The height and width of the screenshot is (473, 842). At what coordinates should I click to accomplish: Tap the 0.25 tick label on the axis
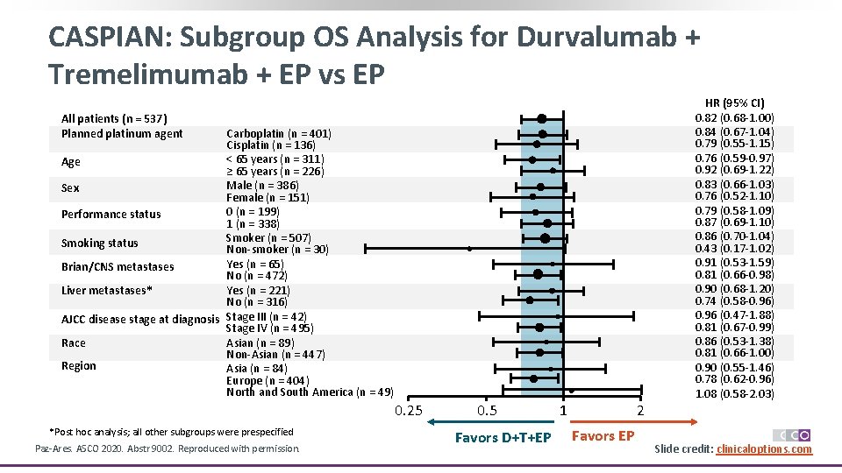pos(409,411)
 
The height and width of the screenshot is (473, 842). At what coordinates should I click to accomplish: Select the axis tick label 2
pos(640,411)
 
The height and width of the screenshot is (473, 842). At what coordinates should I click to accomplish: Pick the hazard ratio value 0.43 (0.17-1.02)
pos(734,249)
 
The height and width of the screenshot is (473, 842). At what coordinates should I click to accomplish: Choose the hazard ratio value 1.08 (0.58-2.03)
pos(734,394)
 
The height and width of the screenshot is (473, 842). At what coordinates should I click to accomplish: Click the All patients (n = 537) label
pos(114,118)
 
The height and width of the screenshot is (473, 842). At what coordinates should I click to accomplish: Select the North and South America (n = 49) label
pos(310,392)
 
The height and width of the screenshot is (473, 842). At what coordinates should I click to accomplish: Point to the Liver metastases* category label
pos(107,290)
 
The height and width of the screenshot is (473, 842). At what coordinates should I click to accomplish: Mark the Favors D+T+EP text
pos(503,437)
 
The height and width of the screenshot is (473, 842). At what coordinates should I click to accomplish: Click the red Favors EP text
pos(603,436)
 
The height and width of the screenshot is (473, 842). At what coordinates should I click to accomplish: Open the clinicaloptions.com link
pos(764,449)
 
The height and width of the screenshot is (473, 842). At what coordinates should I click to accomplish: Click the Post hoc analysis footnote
pos(172,431)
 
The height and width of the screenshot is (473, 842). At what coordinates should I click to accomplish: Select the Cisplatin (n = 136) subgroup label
pos(271,145)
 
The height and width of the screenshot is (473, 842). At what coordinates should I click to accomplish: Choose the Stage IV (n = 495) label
pos(269,328)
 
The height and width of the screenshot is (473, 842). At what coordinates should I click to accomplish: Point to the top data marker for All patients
pos(542,118)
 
